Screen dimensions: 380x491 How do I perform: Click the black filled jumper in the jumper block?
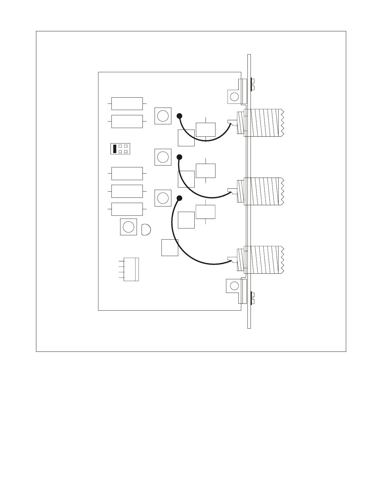115,148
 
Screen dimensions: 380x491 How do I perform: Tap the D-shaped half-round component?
146,230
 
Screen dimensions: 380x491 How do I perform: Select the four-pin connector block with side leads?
131,269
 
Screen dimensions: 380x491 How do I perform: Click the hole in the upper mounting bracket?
234,97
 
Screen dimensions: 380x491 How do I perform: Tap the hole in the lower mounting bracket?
234,286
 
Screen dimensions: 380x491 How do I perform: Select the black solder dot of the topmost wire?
179,116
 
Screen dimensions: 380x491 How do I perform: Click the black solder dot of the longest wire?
179,198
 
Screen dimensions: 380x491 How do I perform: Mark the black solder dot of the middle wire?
179,157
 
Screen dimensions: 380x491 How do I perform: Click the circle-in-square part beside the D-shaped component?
128,227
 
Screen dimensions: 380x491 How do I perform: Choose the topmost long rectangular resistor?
127,104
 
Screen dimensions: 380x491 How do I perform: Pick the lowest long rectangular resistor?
127,209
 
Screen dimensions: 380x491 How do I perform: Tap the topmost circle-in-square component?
163,116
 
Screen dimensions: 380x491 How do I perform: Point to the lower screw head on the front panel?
252,298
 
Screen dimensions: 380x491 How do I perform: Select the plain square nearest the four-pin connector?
170,248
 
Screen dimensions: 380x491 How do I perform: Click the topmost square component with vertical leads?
206,130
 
